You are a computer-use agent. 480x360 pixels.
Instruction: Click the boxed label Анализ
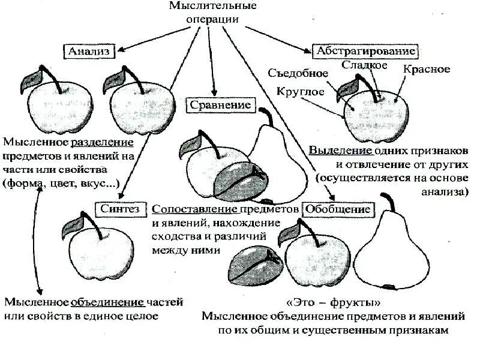(88, 51)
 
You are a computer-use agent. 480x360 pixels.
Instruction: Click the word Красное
(427, 69)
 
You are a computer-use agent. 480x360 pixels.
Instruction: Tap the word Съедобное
(299, 73)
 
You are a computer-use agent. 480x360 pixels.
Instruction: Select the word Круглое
(301, 92)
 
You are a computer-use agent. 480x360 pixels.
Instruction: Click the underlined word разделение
(102, 143)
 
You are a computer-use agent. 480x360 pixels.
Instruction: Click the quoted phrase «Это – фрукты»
(333, 302)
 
